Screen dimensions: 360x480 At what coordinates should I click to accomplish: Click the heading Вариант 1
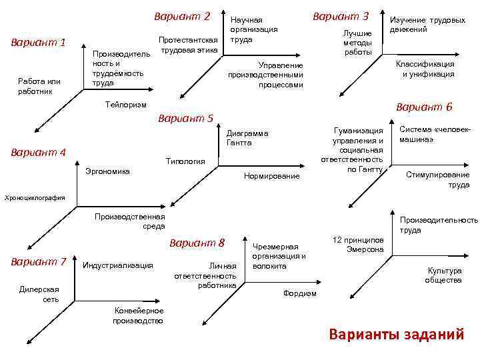(x=39, y=43)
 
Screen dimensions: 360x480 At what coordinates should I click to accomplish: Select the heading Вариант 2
(x=182, y=16)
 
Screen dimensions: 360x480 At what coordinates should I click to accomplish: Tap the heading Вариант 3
(x=341, y=16)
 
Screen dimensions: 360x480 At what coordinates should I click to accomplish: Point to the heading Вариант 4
(x=39, y=152)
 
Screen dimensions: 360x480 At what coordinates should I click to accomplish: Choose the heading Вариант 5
(x=185, y=119)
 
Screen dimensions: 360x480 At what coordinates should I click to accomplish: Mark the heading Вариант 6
(x=424, y=107)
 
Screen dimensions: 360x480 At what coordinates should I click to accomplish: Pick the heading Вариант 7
(x=39, y=261)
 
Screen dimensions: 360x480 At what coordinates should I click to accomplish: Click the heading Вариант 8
(x=198, y=242)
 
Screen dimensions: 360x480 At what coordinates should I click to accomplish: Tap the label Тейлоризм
(x=126, y=105)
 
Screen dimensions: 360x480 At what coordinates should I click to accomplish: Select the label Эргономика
(x=108, y=171)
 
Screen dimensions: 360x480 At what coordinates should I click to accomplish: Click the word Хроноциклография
(x=35, y=197)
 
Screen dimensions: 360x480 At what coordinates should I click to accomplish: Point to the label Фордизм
(x=300, y=293)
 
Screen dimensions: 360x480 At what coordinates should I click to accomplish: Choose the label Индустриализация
(x=117, y=265)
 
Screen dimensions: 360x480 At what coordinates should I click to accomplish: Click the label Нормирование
(x=272, y=176)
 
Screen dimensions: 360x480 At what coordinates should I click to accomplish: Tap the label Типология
(x=185, y=161)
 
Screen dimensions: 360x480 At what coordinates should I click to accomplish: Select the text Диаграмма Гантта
(x=247, y=138)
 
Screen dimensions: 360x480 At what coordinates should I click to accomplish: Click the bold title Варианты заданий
(x=396, y=335)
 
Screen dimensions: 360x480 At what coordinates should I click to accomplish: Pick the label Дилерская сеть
(x=39, y=294)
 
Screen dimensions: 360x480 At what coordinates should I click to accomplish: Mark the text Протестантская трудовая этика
(x=189, y=45)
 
